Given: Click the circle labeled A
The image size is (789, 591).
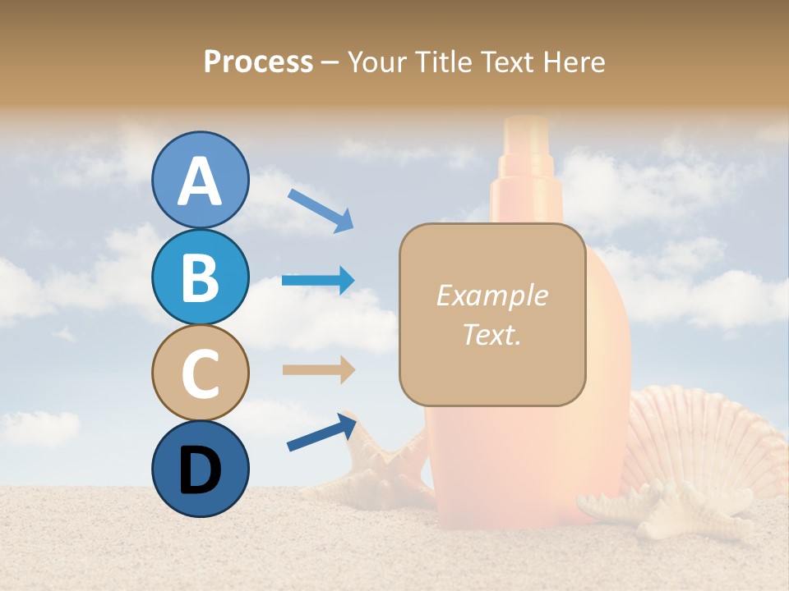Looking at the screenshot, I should pos(200,180).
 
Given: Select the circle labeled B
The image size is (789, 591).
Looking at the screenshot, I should pos(200,277).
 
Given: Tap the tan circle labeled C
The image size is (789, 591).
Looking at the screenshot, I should pos(200,373).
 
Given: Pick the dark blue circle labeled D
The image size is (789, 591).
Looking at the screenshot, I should pos(200,469).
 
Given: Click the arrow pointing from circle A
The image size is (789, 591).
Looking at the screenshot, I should pos(321,210).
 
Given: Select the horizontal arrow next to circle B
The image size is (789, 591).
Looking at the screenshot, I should pos(319,281).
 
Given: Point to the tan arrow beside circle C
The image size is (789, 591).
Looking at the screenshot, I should pos(319,369).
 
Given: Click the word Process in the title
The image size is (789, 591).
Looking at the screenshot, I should pos(258,62).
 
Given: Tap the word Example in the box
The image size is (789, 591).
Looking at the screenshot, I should pos(491,295).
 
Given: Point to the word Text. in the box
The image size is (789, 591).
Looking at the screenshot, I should pos(491,334).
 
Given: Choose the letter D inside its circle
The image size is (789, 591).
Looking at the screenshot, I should pos(200,470).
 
